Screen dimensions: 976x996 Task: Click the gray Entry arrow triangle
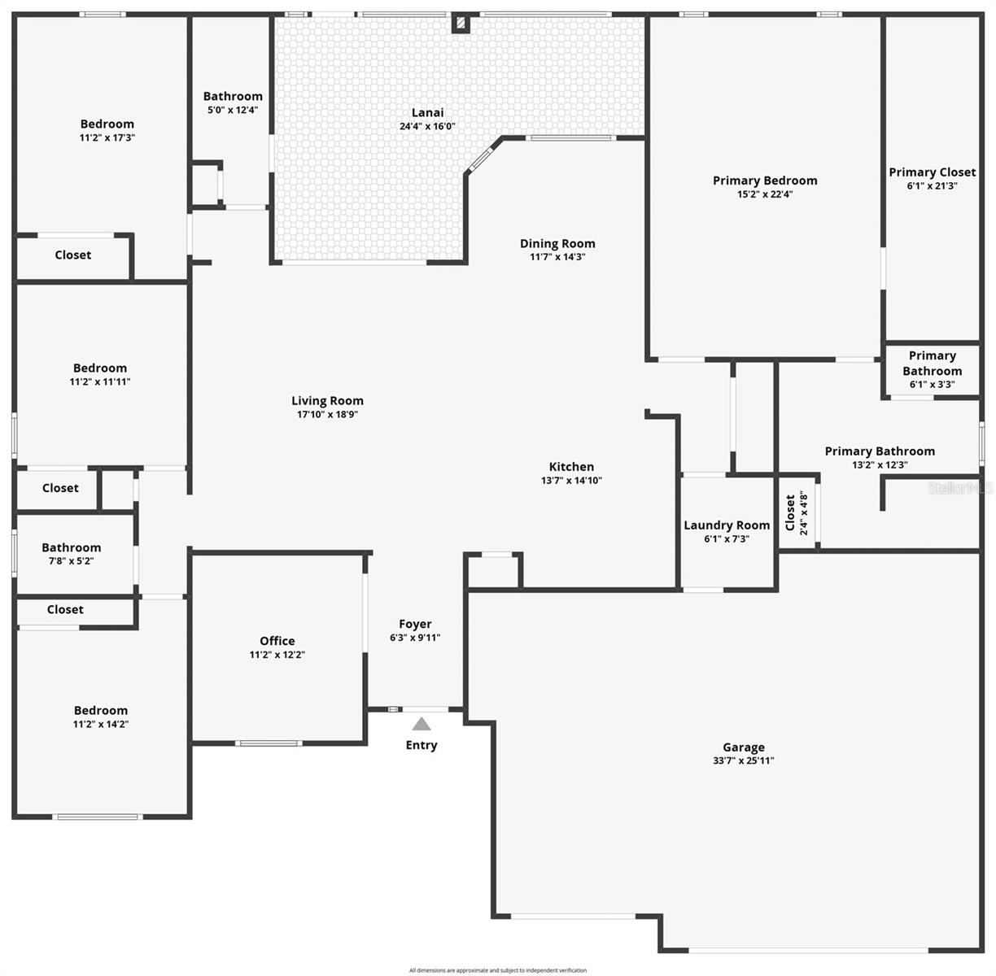point(421,724)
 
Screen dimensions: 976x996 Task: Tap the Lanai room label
point(427,112)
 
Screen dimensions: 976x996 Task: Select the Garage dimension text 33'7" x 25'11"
point(743,761)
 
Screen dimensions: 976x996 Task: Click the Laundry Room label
point(727,525)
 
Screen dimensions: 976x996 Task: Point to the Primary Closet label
point(932,172)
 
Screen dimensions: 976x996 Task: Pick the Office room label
point(277,641)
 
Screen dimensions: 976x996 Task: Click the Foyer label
point(415,624)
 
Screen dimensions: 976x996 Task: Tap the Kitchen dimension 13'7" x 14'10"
point(571,481)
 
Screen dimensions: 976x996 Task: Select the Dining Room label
point(557,243)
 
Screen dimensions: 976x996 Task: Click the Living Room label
point(327,400)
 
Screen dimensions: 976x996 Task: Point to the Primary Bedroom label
point(765,181)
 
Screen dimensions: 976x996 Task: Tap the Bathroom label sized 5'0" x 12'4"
point(233,96)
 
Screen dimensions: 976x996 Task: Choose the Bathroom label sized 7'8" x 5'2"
point(72,547)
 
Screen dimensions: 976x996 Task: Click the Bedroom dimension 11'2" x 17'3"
point(107,138)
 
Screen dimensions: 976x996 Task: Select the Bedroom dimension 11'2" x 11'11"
point(100,381)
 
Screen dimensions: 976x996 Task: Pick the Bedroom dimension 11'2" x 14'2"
point(101,724)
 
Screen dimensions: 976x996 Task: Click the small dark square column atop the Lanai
point(461,24)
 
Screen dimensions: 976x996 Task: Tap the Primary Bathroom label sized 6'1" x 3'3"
point(932,363)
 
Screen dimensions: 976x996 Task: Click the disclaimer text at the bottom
point(497,970)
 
